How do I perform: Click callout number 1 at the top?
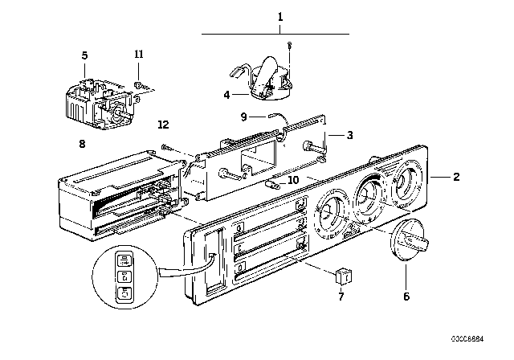coord(281,16)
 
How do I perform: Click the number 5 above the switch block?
coord(84,55)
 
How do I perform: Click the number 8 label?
coord(83,145)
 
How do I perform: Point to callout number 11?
coord(138,55)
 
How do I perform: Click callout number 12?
coord(163,125)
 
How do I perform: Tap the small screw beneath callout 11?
coord(139,84)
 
